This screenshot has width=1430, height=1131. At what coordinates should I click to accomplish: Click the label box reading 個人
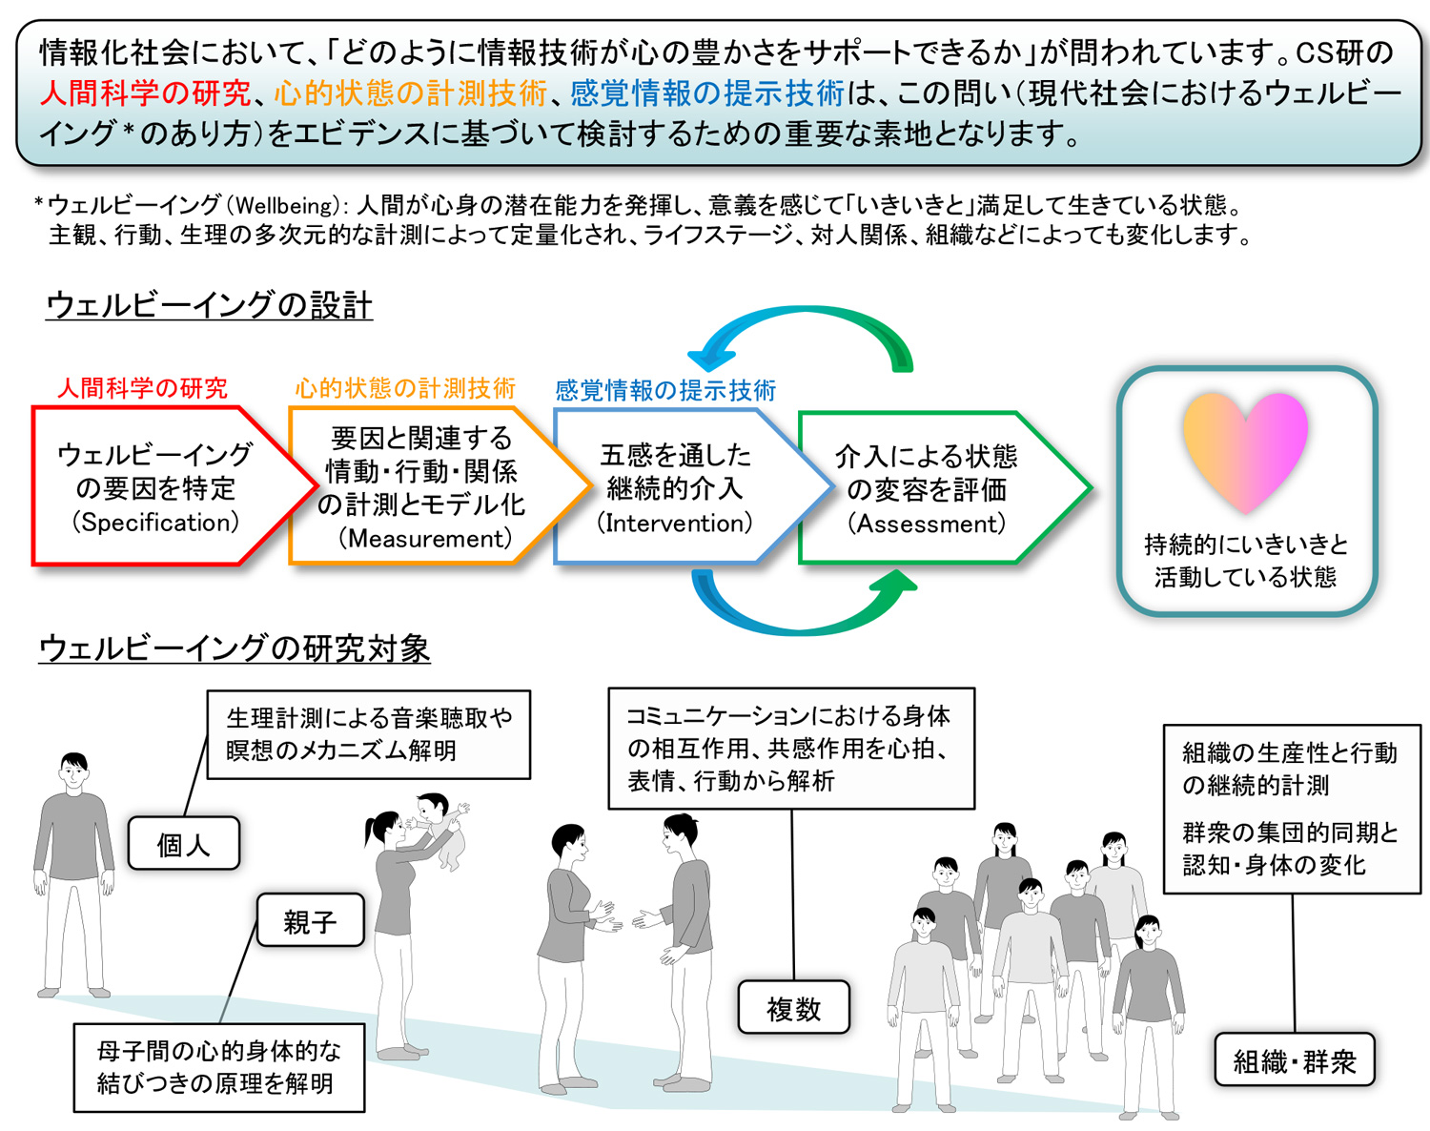tap(183, 843)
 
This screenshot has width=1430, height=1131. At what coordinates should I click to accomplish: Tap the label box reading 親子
tap(310, 920)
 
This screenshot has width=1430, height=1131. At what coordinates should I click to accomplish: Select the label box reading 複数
tap(793, 1008)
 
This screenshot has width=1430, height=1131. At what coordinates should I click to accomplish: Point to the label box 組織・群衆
tap(1294, 1060)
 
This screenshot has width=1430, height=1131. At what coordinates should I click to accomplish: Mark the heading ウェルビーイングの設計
tap(209, 305)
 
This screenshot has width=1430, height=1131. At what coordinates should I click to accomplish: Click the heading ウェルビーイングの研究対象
tap(235, 648)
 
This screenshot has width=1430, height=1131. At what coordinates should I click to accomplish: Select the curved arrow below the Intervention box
tap(801, 606)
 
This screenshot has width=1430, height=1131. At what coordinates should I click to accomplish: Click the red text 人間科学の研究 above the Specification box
tap(142, 388)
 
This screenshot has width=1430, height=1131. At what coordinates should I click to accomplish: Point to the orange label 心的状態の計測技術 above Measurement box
tap(404, 388)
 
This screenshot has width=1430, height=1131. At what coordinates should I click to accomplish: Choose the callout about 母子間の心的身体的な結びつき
tap(218, 1067)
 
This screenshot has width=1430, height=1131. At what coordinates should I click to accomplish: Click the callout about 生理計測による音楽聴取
tap(368, 734)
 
